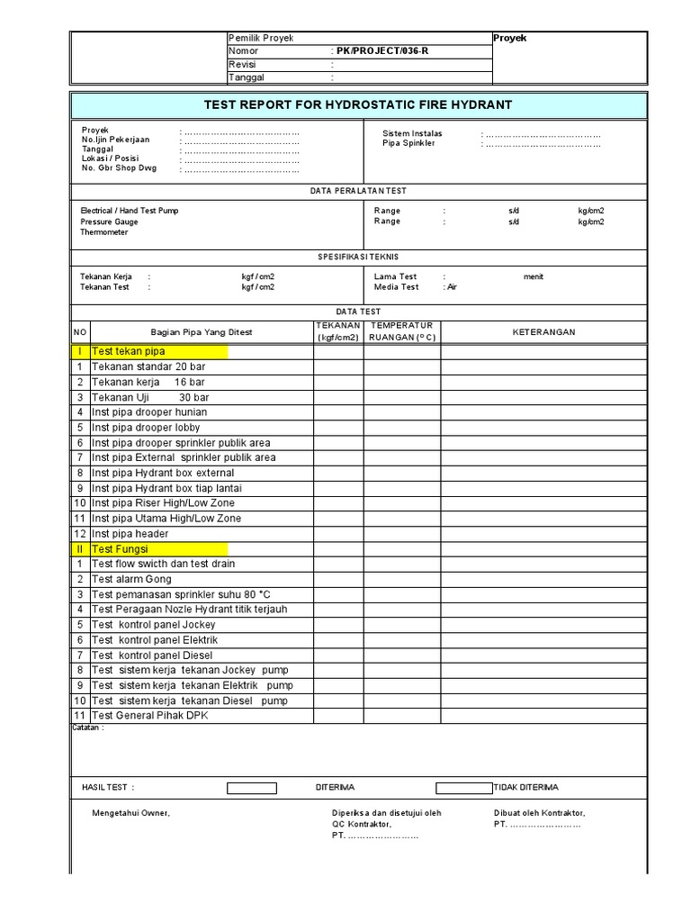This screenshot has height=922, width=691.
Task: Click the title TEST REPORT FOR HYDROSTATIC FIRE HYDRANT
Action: click(358, 104)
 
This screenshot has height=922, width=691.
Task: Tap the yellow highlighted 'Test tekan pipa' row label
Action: click(128, 351)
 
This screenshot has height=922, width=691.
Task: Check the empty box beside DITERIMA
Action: click(252, 788)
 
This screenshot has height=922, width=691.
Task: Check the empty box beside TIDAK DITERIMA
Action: click(464, 788)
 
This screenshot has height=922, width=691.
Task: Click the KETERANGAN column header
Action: click(543, 331)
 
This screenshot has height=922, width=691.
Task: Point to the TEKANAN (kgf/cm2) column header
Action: click(338, 331)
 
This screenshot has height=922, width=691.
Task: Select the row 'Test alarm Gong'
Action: click(131, 579)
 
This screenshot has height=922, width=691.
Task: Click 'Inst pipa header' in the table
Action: click(130, 534)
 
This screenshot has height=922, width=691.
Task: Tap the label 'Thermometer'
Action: click(104, 232)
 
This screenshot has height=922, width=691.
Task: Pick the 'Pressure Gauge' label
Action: click(109, 221)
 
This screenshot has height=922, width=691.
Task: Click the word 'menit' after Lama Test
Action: click(534, 276)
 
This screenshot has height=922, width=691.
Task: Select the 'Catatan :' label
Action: click(88, 728)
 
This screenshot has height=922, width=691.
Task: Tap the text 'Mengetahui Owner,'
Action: click(130, 813)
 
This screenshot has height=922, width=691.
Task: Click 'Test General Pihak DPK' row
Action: click(148, 716)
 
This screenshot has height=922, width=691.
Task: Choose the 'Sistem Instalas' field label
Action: click(412, 133)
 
